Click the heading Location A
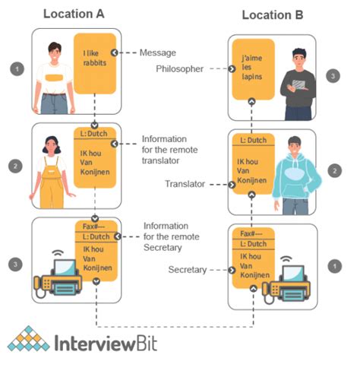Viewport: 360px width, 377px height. point(74,14)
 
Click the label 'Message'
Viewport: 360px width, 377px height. point(157,52)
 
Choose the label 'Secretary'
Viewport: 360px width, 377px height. point(186,269)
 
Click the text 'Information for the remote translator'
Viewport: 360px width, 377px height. point(171,151)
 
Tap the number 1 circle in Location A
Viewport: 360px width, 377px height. point(14,68)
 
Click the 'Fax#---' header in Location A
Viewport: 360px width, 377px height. point(94,227)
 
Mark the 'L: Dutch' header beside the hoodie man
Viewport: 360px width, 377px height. point(253,142)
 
